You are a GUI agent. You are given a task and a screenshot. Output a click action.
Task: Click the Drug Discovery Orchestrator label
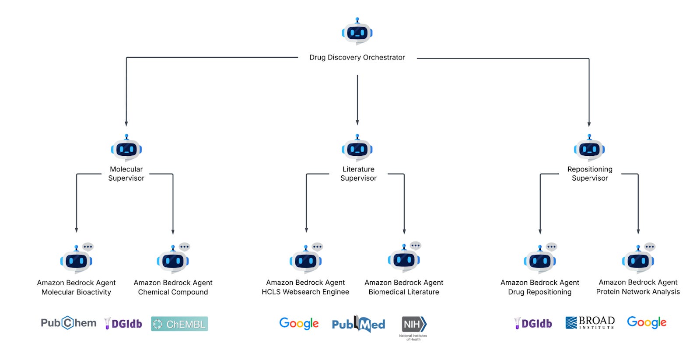pyautogui.click(x=357, y=57)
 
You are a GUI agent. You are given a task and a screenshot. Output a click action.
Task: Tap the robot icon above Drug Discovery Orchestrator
pyautogui.click(x=357, y=32)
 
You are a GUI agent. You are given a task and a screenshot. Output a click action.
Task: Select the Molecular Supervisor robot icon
pyautogui.click(x=126, y=149)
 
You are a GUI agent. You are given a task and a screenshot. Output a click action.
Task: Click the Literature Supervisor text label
pyautogui.click(x=358, y=174)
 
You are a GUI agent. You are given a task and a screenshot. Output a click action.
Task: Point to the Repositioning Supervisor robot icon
pyautogui.click(x=589, y=149)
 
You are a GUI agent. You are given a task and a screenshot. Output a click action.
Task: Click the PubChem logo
pyautogui.click(x=68, y=323)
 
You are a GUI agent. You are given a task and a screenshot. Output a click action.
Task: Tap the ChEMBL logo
pyautogui.click(x=179, y=324)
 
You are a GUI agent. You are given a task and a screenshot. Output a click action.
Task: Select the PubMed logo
pyautogui.click(x=358, y=324)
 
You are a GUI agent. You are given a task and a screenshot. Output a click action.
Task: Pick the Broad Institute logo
pyautogui.click(x=590, y=323)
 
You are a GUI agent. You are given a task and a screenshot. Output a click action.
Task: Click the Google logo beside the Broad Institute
pyautogui.click(x=647, y=322)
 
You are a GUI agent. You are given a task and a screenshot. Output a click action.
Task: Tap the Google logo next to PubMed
pyautogui.click(x=299, y=323)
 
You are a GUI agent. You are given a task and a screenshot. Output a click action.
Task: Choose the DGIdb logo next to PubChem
pyautogui.click(x=123, y=323)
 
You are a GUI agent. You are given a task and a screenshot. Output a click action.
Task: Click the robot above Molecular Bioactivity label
pyautogui.click(x=77, y=260)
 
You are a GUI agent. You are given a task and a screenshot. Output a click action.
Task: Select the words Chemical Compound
pyautogui.click(x=173, y=292)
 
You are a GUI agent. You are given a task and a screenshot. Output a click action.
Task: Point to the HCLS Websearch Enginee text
pyautogui.click(x=305, y=292)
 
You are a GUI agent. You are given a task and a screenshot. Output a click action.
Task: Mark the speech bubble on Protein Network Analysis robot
pyautogui.click(x=650, y=247)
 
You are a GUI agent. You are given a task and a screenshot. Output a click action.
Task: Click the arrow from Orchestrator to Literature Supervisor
pyautogui.click(x=357, y=101)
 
